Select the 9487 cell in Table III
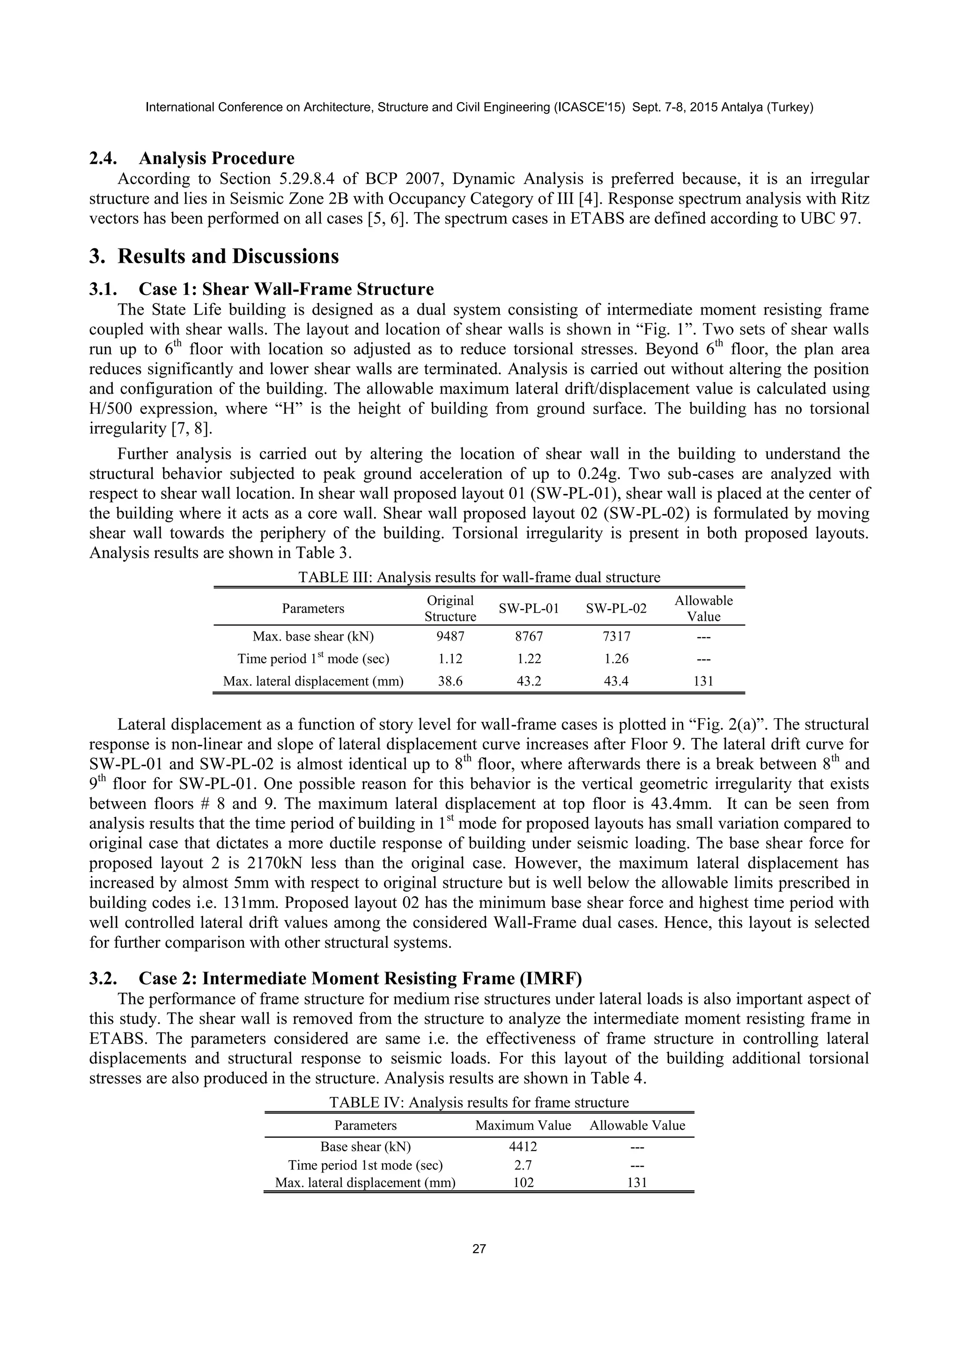450,637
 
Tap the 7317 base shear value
616,637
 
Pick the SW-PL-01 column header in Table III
529,609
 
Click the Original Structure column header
450,609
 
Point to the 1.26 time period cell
616,658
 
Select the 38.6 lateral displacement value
450,681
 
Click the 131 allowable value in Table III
703,681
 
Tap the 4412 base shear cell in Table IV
523,1147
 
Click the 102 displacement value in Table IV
523,1182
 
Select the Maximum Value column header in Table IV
523,1126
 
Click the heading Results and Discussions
228,256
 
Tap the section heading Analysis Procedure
216,158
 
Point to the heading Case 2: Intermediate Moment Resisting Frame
360,979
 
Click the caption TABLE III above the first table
479,577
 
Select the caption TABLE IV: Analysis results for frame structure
479,1103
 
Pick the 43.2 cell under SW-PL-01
529,681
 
